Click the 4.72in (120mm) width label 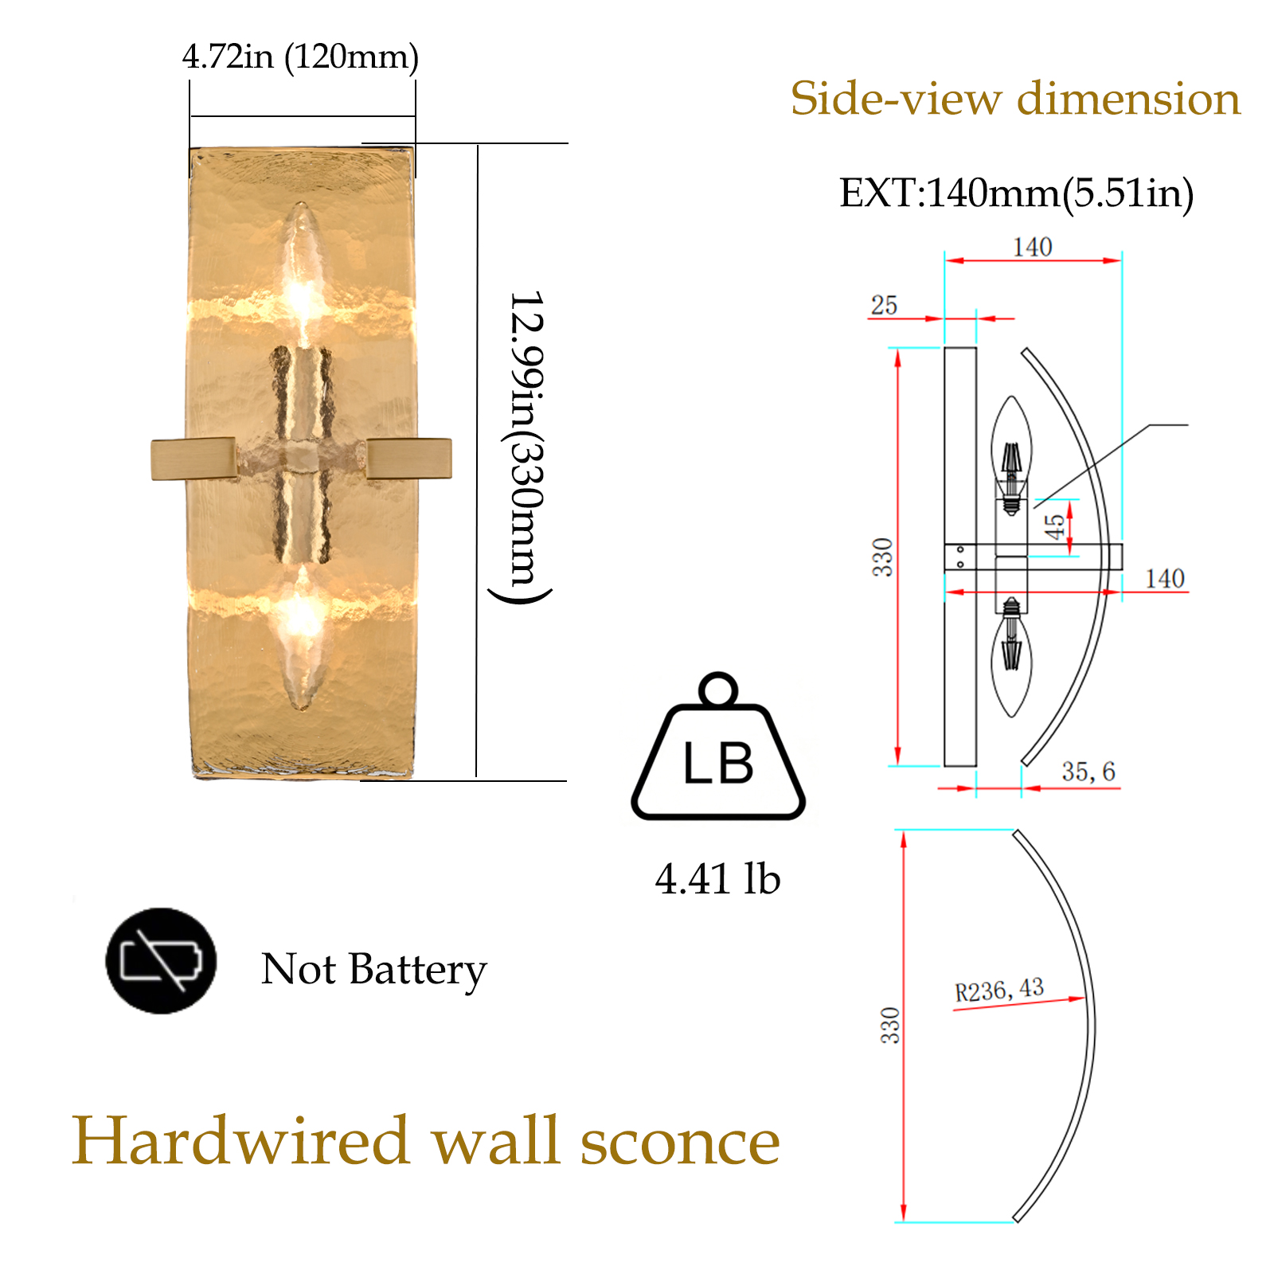300,57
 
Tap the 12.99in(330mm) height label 526,446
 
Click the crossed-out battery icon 161,960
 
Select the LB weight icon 718,748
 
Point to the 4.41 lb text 717,879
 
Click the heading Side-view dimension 1015,99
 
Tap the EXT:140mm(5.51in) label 1017,193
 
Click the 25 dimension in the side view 884,305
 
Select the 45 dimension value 1054,526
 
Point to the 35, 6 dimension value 1088,771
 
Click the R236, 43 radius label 999,991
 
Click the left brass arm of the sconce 193,459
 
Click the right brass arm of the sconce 408,459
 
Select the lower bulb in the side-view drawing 1011,657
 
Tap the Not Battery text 373,970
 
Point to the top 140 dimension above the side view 1033,247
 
